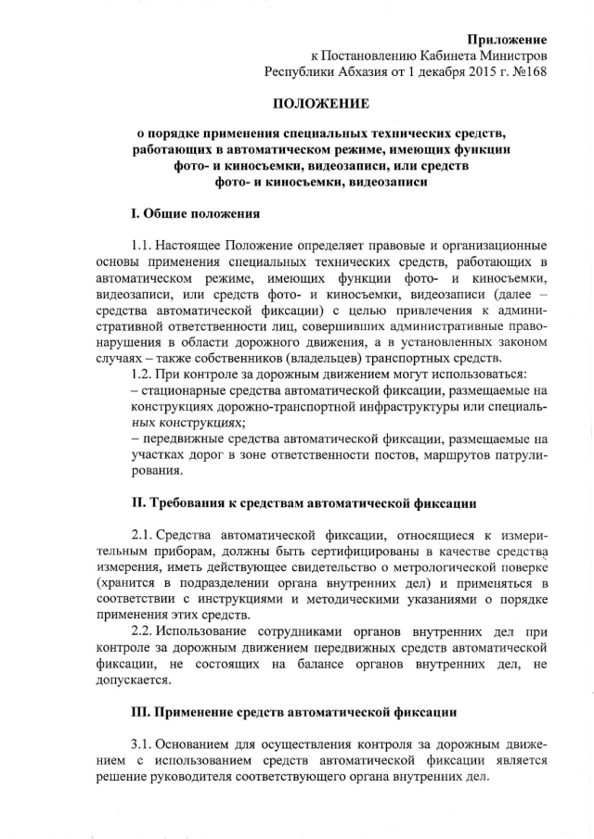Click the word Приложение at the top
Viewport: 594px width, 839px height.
(507, 39)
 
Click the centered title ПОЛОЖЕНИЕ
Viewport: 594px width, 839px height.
(321, 103)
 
